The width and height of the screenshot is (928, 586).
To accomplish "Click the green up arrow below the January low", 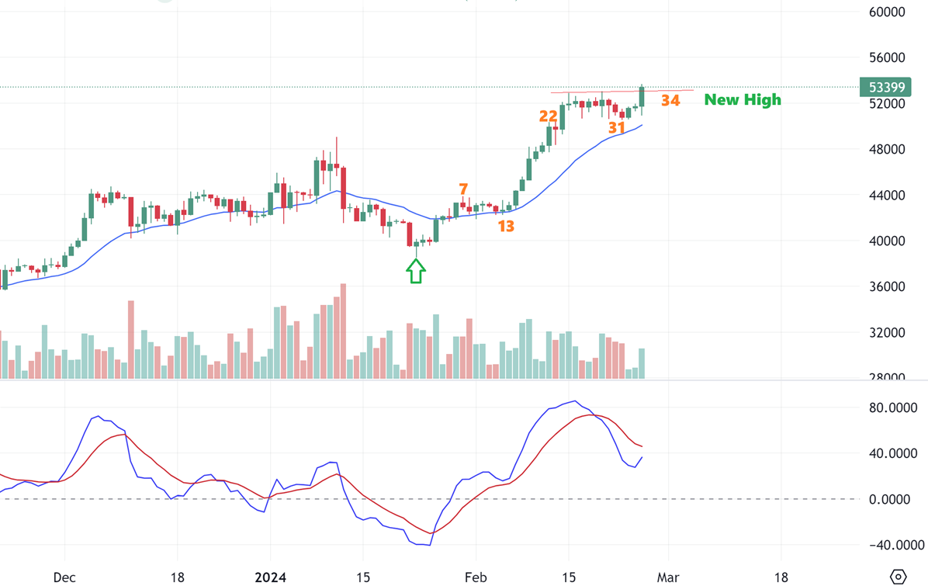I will click(416, 271).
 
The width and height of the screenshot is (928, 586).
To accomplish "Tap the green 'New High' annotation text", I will click(743, 99).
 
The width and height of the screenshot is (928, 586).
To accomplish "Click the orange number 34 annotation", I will click(670, 100).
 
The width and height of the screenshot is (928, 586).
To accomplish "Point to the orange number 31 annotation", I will click(617, 127).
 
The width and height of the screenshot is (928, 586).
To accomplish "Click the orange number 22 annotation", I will click(549, 116).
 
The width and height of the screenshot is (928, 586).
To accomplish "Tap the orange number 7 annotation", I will click(463, 189).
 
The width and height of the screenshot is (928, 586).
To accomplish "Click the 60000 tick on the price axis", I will click(887, 12).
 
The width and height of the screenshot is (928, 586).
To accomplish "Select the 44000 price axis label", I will click(887, 196).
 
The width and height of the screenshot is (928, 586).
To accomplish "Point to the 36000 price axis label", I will click(887, 286).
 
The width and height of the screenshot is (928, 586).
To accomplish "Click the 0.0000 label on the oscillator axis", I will click(890, 499).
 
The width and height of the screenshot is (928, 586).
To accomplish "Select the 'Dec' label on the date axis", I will click(64, 577).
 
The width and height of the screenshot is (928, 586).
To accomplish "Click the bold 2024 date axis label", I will click(271, 577).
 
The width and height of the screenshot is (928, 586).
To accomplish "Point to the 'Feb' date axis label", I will click(475, 577).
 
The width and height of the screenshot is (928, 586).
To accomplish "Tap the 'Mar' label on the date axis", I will click(668, 577).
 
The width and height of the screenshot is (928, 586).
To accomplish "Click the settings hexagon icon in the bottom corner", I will click(899, 577).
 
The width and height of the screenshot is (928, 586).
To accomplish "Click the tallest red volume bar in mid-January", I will click(342, 330).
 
